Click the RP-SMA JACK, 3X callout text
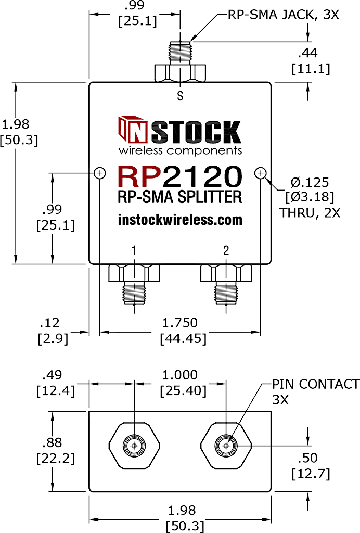283,15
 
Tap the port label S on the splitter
180,96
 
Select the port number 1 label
134,251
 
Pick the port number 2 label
226,251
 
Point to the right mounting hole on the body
260,173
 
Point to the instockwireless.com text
180,220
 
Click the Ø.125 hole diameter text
310,182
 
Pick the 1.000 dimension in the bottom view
180,375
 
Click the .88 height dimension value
53,442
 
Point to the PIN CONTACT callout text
315,385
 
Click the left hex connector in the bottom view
135,446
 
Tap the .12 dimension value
53,323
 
